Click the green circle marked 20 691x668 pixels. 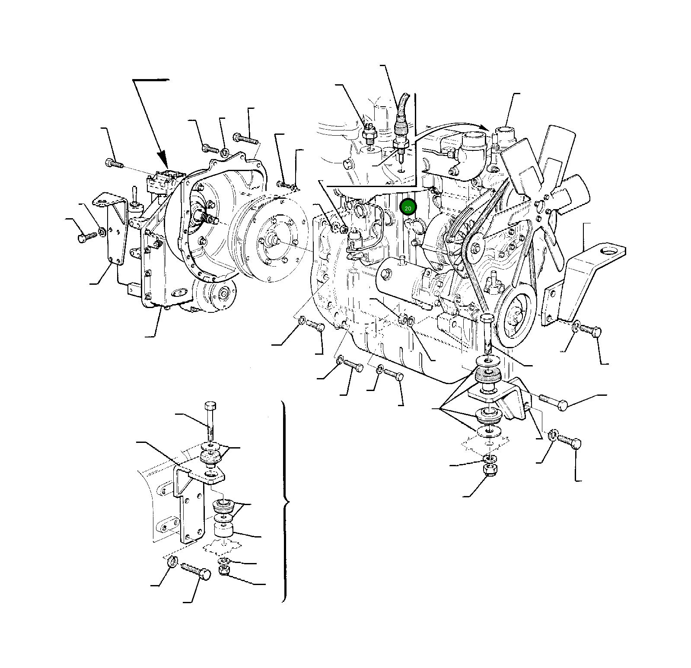coord(408,208)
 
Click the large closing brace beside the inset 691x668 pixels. coord(285,501)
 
